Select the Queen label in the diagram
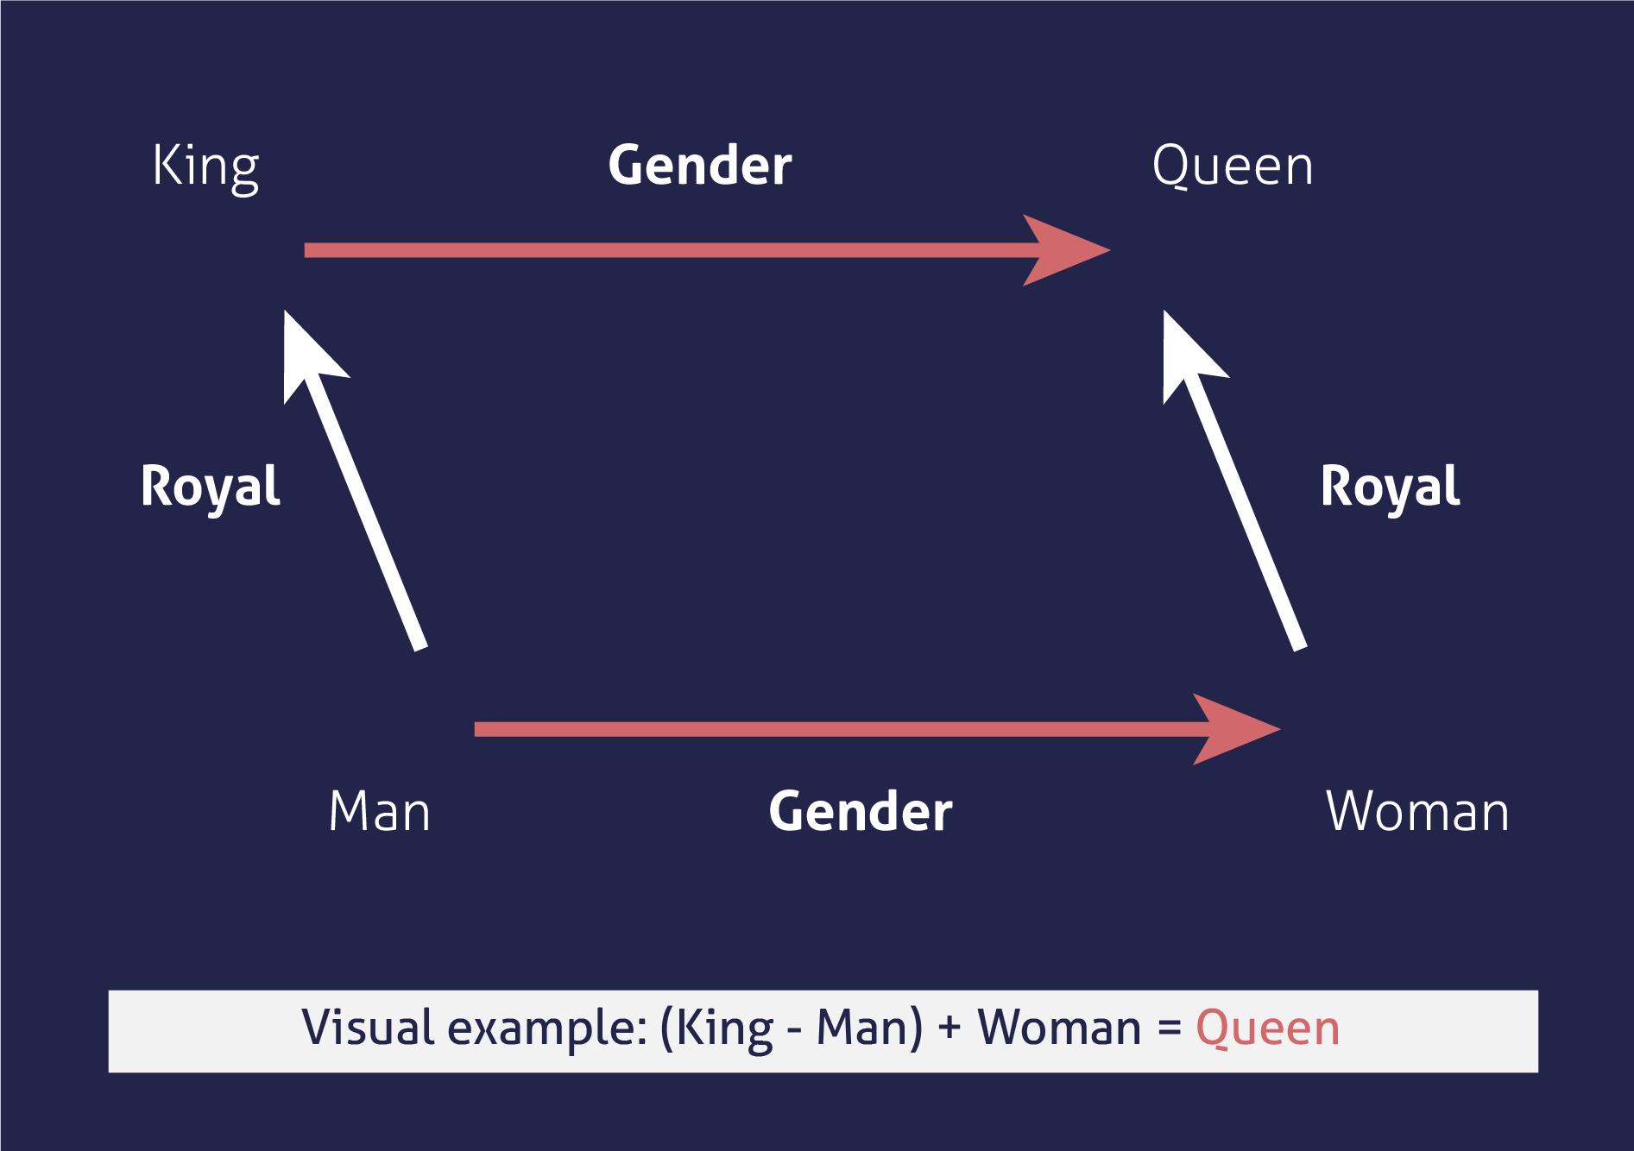click(1233, 166)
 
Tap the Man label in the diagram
click(380, 811)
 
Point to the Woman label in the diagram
click(1417, 811)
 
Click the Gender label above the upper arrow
click(700, 165)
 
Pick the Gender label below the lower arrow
click(861, 811)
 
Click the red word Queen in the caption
click(1267, 1028)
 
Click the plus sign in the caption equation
click(949, 1028)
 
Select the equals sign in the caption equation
click(1170, 1028)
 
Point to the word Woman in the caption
click(1059, 1028)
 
